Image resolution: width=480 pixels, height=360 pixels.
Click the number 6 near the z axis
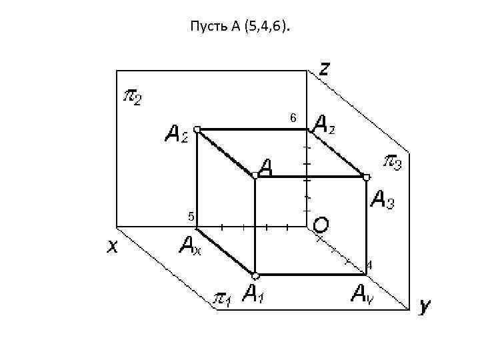click(x=293, y=118)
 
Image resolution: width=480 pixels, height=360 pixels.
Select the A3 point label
click(x=382, y=199)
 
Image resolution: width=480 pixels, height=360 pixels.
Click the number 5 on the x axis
click(x=191, y=217)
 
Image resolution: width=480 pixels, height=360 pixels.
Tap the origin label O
click(x=320, y=225)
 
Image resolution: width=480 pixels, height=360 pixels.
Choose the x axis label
click(x=113, y=247)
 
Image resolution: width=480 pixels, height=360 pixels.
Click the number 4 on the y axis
click(x=369, y=265)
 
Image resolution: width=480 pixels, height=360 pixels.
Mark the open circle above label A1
click(x=255, y=275)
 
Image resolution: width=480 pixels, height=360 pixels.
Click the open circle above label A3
click(x=366, y=177)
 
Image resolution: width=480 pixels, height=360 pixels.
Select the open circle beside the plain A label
click(x=255, y=175)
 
